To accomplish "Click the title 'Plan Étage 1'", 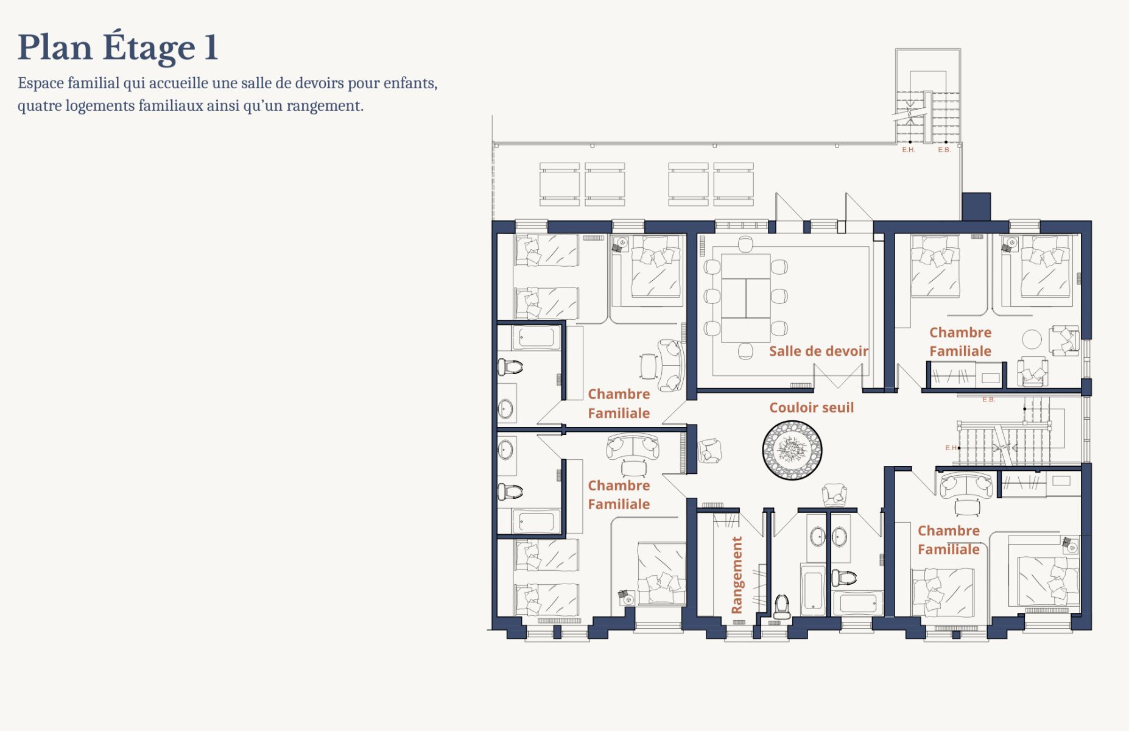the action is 118,47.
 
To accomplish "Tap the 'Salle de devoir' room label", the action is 818,351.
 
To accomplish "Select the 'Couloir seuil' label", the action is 811,408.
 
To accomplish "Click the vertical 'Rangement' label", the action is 737,574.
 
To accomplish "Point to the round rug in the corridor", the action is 792,450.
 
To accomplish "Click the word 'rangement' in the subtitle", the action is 324,106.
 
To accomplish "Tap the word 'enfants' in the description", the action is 410,83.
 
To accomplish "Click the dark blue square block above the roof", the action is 976,207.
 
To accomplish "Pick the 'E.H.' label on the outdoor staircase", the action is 909,150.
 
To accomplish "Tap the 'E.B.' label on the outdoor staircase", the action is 944,150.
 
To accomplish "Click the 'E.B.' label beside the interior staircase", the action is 988,400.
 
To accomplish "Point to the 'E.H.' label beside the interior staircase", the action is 951,448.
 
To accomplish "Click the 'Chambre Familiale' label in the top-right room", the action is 960,342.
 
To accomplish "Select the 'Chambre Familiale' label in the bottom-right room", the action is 949,540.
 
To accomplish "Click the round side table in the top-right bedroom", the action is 1032,339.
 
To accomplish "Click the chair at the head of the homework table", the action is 745,244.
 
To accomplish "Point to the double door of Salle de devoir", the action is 839,375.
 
